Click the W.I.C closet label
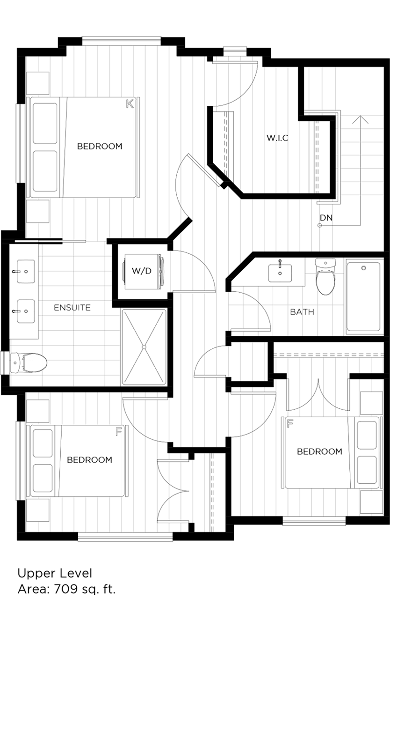[277, 138]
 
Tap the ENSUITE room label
[72, 308]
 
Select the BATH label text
[302, 312]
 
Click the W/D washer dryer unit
[142, 271]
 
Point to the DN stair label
[326, 218]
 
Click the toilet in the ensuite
[29, 363]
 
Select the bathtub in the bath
[363, 298]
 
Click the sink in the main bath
[280, 272]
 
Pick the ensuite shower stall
[144, 347]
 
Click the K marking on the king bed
[130, 104]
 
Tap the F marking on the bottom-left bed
[119, 431]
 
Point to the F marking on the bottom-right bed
[290, 424]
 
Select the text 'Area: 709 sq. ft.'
[66, 589]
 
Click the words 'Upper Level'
[55, 573]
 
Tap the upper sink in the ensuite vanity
[26, 272]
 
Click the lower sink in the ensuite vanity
[26, 311]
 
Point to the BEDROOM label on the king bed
[99, 146]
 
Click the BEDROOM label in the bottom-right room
[319, 451]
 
